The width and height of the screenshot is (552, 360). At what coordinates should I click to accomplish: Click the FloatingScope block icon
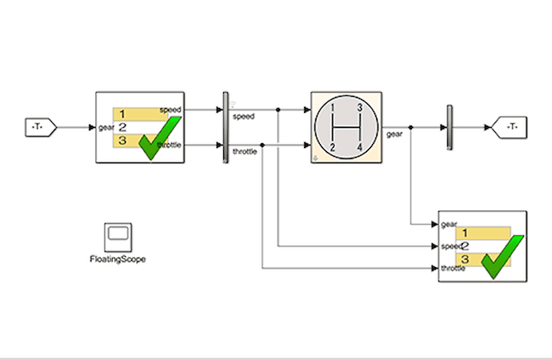point(118,238)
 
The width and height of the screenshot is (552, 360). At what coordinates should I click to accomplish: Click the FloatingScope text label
point(118,259)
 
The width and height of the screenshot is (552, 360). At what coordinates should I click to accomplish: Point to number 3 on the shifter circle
point(361,108)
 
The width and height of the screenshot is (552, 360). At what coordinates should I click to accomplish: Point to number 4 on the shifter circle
point(361,146)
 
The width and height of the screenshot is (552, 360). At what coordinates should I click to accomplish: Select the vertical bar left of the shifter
point(225,127)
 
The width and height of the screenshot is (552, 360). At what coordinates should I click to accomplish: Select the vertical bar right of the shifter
point(450,127)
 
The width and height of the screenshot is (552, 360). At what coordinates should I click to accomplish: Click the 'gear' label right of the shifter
point(394,134)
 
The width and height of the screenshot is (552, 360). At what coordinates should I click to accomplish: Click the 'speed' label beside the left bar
point(243,116)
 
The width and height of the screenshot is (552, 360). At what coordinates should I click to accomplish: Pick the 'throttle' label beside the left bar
point(245,152)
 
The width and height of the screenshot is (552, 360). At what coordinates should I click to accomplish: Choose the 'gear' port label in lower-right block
point(449,224)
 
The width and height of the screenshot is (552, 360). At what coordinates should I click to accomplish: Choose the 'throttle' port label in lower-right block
point(454,269)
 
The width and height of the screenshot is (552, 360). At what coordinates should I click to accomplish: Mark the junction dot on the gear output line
point(410,127)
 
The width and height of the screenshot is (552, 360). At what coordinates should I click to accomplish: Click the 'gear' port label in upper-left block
point(106,127)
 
